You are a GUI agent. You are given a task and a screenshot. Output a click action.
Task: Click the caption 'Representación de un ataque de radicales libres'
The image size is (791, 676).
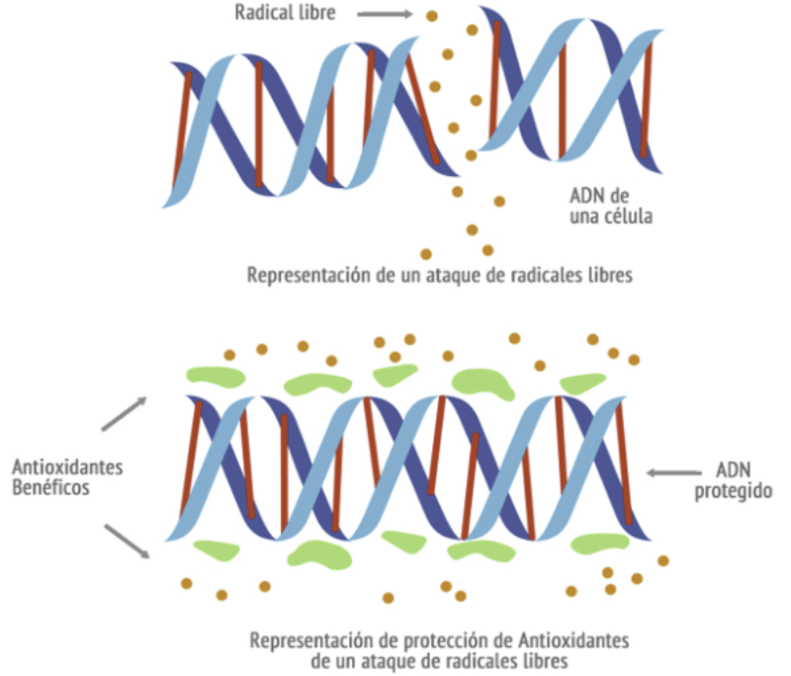(x=439, y=274)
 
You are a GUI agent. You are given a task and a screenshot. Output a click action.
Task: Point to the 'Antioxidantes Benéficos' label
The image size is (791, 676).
(x=67, y=477)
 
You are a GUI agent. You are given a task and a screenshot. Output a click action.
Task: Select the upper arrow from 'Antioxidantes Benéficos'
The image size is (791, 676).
(x=124, y=414)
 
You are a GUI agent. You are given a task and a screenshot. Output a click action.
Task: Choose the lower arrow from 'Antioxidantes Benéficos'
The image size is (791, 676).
(x=126, y=540)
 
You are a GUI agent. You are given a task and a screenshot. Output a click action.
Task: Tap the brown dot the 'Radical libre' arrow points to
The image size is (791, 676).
(x=430, y=16)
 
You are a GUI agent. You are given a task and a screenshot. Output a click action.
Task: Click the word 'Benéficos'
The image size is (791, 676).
(x=51, y=488)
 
